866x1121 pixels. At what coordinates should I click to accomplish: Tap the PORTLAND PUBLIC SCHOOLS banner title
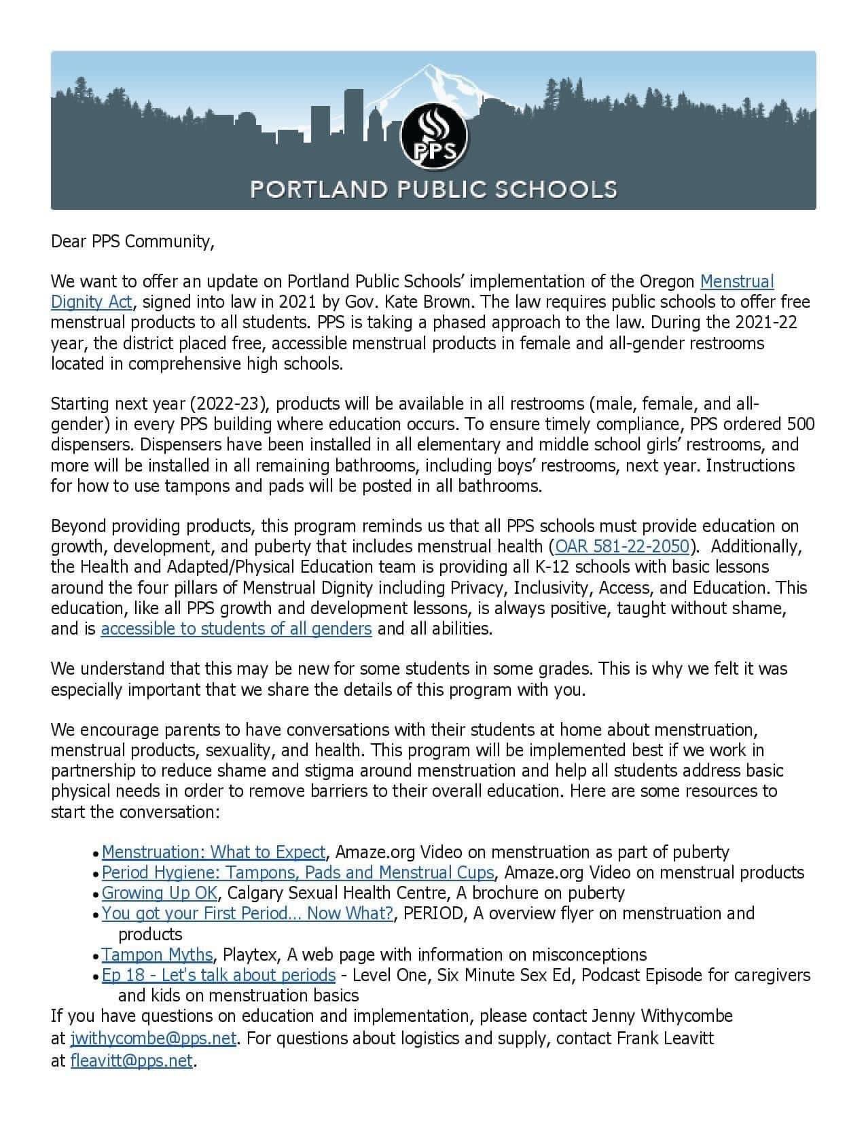pos(433,188)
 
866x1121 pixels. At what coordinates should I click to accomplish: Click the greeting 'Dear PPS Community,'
pos(132,241)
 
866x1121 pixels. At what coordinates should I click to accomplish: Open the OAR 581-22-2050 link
pos(622,546)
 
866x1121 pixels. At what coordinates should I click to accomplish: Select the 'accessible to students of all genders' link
pos(236,628)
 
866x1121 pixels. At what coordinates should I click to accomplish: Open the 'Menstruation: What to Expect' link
pos(214,852)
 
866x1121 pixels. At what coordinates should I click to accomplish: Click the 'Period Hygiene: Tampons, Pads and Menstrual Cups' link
pos(297,872)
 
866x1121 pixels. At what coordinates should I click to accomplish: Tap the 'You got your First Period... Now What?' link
pos(247,913)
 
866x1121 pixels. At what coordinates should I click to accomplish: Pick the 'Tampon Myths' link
pos(158,955)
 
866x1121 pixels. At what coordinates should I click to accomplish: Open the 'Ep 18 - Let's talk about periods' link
pos(219,975)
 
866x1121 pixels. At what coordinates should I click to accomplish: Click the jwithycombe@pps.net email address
pos(154,1039)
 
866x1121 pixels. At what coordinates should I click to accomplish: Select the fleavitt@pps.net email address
pos(132,1061)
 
